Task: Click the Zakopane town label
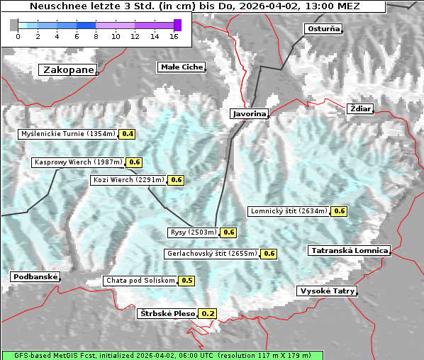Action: click(x=68, y=69)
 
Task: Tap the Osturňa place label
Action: click(x=323, y=29)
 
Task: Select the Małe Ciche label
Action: click(x=181, y=67)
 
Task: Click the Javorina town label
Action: click(x=249, y=113)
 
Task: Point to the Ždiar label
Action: click(x=359, y=108)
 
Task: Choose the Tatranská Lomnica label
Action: click(x=350, y=251)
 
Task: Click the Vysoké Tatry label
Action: click(x=327, y=291)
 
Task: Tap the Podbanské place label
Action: click(x=35, y=276)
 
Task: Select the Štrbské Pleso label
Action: click(x=167, y=313)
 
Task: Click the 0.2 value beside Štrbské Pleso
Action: click(x=207, y=313)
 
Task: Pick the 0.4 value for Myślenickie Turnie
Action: click(x=128, y=133)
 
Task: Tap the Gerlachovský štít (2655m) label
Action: click(x=211, y=254)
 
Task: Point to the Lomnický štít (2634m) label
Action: click(x=289, y=211)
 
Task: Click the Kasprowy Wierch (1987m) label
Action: click(x=78, y=162)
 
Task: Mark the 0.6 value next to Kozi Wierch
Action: click(x=177, y=180)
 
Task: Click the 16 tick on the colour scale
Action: click(x=174, y=36)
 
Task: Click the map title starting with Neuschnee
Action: click(x=195, y=6)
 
